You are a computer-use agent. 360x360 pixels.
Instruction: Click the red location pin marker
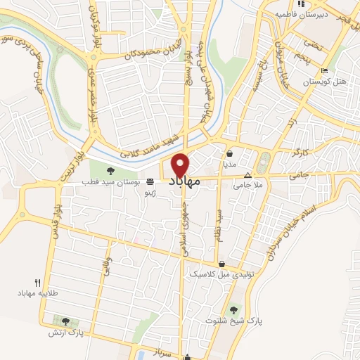coord(181,165)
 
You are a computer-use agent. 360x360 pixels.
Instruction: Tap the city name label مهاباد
coord(186,181)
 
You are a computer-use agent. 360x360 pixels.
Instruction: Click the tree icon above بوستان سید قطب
coord(109,171)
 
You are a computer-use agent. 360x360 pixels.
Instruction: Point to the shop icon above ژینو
coord(149,182)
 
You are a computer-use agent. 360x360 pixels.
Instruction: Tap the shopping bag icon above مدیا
coord(230,153)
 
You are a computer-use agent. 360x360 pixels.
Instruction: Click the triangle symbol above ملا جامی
coord(247,176)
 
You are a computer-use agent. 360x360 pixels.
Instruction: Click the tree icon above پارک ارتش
coord(65,321)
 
